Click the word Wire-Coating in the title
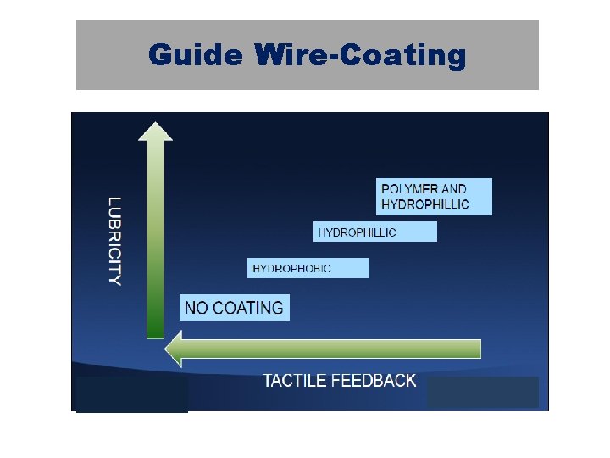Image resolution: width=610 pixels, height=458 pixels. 359,56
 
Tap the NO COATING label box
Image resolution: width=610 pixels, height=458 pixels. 235,307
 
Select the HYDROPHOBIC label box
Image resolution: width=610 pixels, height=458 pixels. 308,268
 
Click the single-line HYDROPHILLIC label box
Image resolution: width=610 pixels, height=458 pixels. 375,232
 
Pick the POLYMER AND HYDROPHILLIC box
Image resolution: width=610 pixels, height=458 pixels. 434,197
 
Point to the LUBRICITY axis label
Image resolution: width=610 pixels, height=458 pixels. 115,241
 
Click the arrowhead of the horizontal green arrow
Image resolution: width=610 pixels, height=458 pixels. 174,349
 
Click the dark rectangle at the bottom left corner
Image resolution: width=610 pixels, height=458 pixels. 131,394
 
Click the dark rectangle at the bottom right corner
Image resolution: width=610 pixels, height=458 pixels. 482,392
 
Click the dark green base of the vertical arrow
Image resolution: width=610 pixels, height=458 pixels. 155,327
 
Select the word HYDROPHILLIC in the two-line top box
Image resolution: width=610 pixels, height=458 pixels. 425,204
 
